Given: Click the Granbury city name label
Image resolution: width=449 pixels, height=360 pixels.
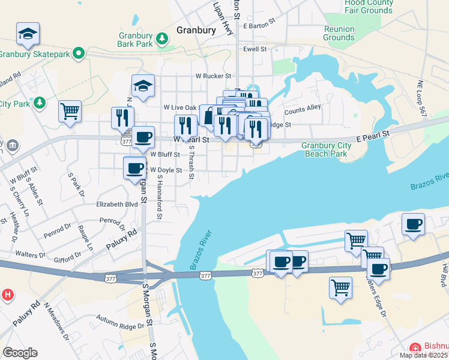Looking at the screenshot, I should pyautogui.click(x=196, y=29).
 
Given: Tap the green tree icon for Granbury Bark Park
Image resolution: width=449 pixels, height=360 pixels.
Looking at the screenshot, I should pyautogui.click(x=161, y=39).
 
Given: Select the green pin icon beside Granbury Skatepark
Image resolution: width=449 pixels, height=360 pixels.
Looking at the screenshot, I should pyautogui.click(x=79, y=54).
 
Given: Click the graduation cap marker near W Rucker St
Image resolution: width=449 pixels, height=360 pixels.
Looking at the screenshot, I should pyautogui.click(x=143, y=87).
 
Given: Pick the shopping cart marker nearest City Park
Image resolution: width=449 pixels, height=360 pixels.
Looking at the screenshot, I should pyautogui.click(x=70, y=111).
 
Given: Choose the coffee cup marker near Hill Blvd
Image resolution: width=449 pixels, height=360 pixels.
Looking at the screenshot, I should pyautogui.click(x=413, y=224).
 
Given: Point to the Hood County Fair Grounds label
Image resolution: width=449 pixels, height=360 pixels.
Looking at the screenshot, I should pyautogui.click(x=369, y=7).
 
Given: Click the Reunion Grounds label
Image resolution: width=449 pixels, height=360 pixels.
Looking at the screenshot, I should pyautogui.click(x=339, y=33).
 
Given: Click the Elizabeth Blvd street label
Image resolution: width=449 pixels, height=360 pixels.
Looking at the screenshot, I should pyautogui.click(x=117, y=204).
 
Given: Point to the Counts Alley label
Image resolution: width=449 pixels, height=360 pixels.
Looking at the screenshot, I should pyautogui.click(x=303, y=111).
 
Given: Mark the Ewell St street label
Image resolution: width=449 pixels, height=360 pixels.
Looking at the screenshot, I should pyautogui.click(x=255, y=49).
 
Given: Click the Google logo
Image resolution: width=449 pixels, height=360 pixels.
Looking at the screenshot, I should pyautogui.click(x=20, y=353).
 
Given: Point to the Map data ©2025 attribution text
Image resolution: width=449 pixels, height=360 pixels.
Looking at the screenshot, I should pyautogui.click(x=424, y=355).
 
